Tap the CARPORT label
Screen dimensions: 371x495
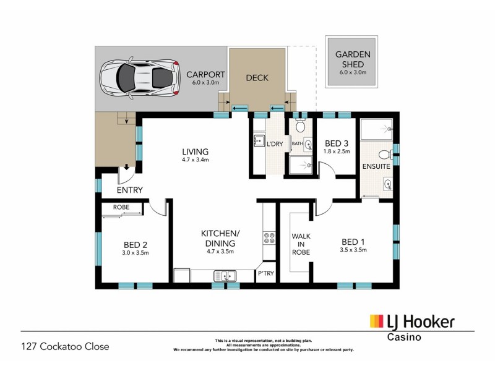coord(206,74)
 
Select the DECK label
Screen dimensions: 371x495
coord(257,78)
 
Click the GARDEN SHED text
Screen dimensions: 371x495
coord(353,59)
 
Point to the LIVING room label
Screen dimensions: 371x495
coord(195,151)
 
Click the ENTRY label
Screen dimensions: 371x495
coord(130,190)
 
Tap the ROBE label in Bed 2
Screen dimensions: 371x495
coord(121,207)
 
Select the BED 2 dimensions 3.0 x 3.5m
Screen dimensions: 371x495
coord(136,253)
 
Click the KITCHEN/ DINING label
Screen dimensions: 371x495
coord(220,237)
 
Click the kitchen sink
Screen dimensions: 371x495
coord(225,276)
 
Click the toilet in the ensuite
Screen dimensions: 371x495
coord(384,154)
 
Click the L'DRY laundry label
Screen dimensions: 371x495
coord(274,144)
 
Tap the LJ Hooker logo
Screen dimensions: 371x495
coord(412,322)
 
